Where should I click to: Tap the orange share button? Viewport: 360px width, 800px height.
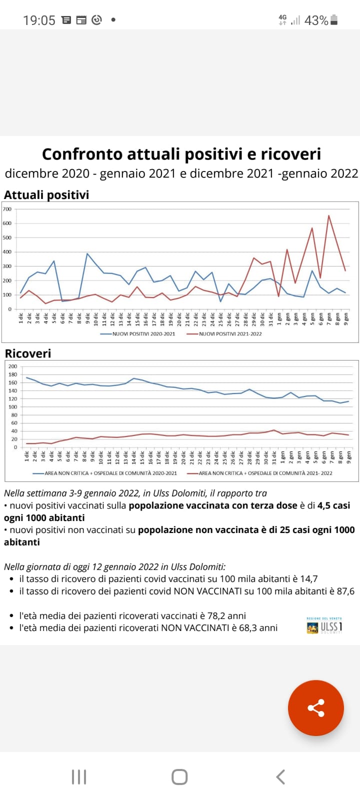point(315,707)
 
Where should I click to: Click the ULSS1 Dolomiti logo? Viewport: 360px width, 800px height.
point(324,626)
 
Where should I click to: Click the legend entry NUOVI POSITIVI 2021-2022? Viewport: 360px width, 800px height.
point(230,333)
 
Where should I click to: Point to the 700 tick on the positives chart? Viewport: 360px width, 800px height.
point(7,209)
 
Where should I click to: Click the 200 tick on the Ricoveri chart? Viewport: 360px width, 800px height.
point(12,366)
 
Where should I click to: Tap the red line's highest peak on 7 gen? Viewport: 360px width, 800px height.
point(328,215)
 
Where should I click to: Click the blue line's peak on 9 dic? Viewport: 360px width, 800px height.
point(87,253)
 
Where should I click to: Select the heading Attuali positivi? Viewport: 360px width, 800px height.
point(46,194)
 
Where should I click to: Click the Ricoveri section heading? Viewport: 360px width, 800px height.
point(28,353)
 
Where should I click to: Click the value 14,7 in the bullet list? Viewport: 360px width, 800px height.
point(308,578)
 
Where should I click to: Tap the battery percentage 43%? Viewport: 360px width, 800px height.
point(316,20)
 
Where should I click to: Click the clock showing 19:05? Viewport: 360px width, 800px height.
point(39,20)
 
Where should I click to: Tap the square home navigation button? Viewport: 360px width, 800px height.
point(179,776)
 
